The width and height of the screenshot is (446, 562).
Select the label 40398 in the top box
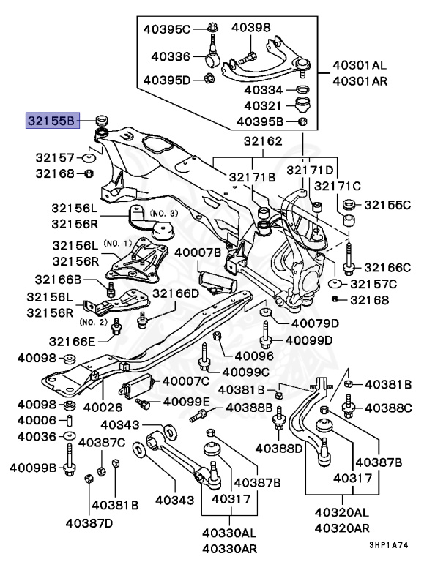pyautogui.click(x=251, y=28)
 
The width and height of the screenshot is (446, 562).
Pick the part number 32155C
pyautogui.click(x=388, y=205)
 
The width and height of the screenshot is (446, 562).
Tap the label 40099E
pyautogui.click(x=187, y=402)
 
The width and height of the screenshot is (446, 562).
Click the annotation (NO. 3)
pyautogui.click(x=163, y=213)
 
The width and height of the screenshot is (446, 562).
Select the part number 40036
pyautogui.click(x=36, y=436)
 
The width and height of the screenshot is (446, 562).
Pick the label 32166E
pyautogui.click(x=72, y=341)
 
